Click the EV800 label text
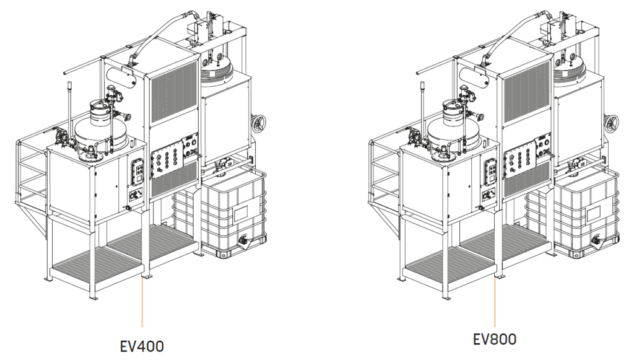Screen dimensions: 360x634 click(x=494, y=340)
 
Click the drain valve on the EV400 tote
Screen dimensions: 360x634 click(x=245, y=240)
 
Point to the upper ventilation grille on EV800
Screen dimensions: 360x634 click(x=527, y=90)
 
